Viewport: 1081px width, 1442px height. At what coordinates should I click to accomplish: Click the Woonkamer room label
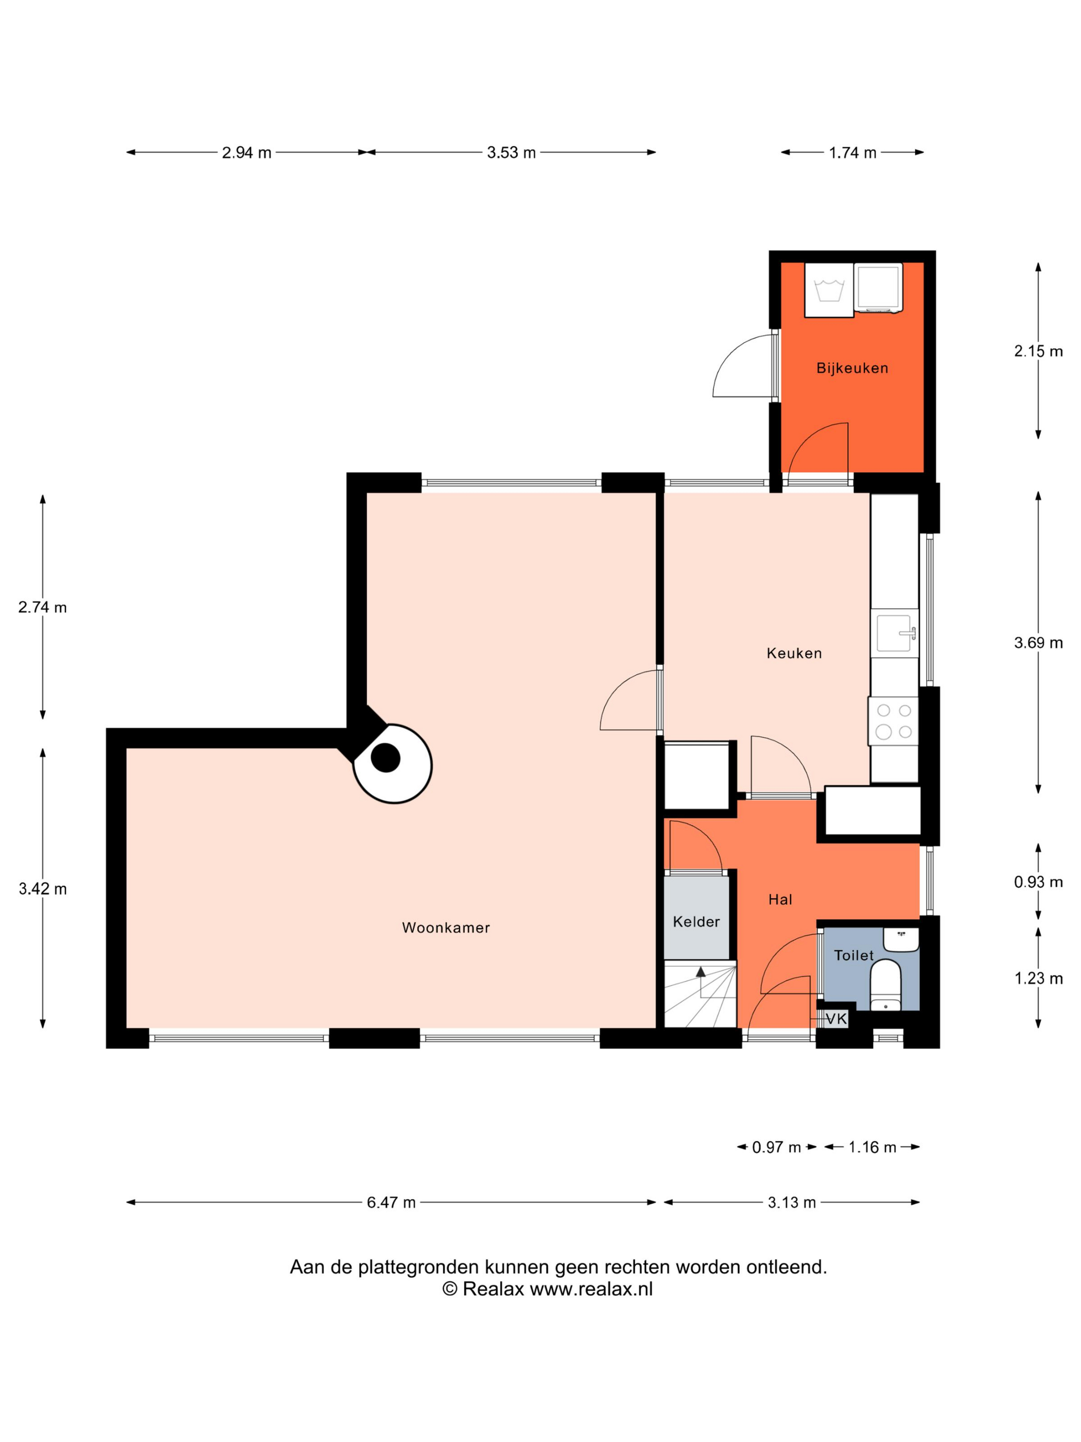(446, 928)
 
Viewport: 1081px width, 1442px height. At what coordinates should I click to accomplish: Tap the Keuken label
(794, 653)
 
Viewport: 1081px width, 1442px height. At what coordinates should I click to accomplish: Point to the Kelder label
(696, 922)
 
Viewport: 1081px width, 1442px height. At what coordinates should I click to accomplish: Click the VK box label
(836, 1018)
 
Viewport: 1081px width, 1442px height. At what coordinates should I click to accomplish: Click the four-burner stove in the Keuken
(893, 721)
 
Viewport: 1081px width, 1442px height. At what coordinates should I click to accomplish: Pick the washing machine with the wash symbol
(829, 290)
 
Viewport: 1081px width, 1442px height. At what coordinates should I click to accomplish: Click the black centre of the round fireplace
(386, 758)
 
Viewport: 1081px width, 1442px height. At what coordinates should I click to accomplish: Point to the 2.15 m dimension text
(1038, 351)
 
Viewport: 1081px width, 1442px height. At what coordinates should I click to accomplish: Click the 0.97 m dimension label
(776, 1147)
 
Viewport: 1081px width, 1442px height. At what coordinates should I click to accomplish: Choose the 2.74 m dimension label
(42, 608)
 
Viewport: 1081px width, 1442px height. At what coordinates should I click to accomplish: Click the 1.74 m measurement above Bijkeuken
(852, 153)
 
